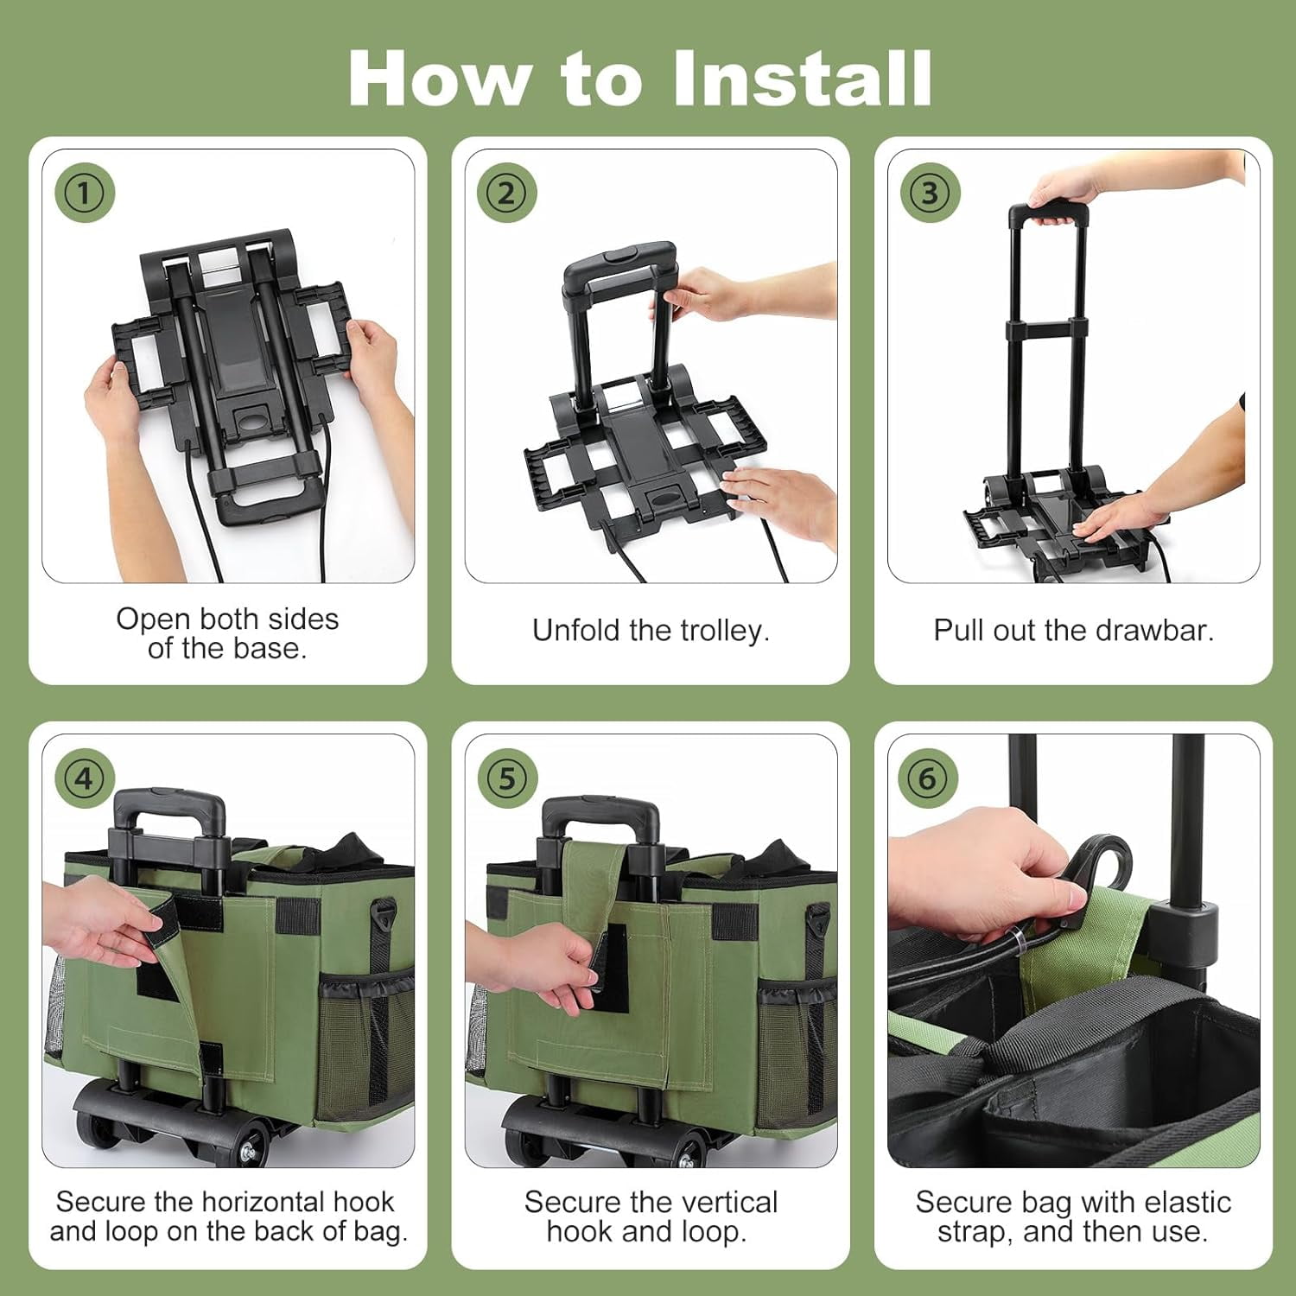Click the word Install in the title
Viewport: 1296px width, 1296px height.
coord(802,78)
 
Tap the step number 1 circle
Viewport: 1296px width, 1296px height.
coord(85,193)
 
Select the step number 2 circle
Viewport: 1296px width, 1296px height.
coord(507,193)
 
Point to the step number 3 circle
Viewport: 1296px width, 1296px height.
coord(930,193)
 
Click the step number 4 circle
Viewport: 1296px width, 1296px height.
coord(85,778)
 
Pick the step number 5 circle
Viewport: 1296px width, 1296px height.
coord(507,778)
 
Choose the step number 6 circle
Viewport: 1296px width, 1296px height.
coord(928,778)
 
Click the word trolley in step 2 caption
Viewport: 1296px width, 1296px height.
coord(722,631)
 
